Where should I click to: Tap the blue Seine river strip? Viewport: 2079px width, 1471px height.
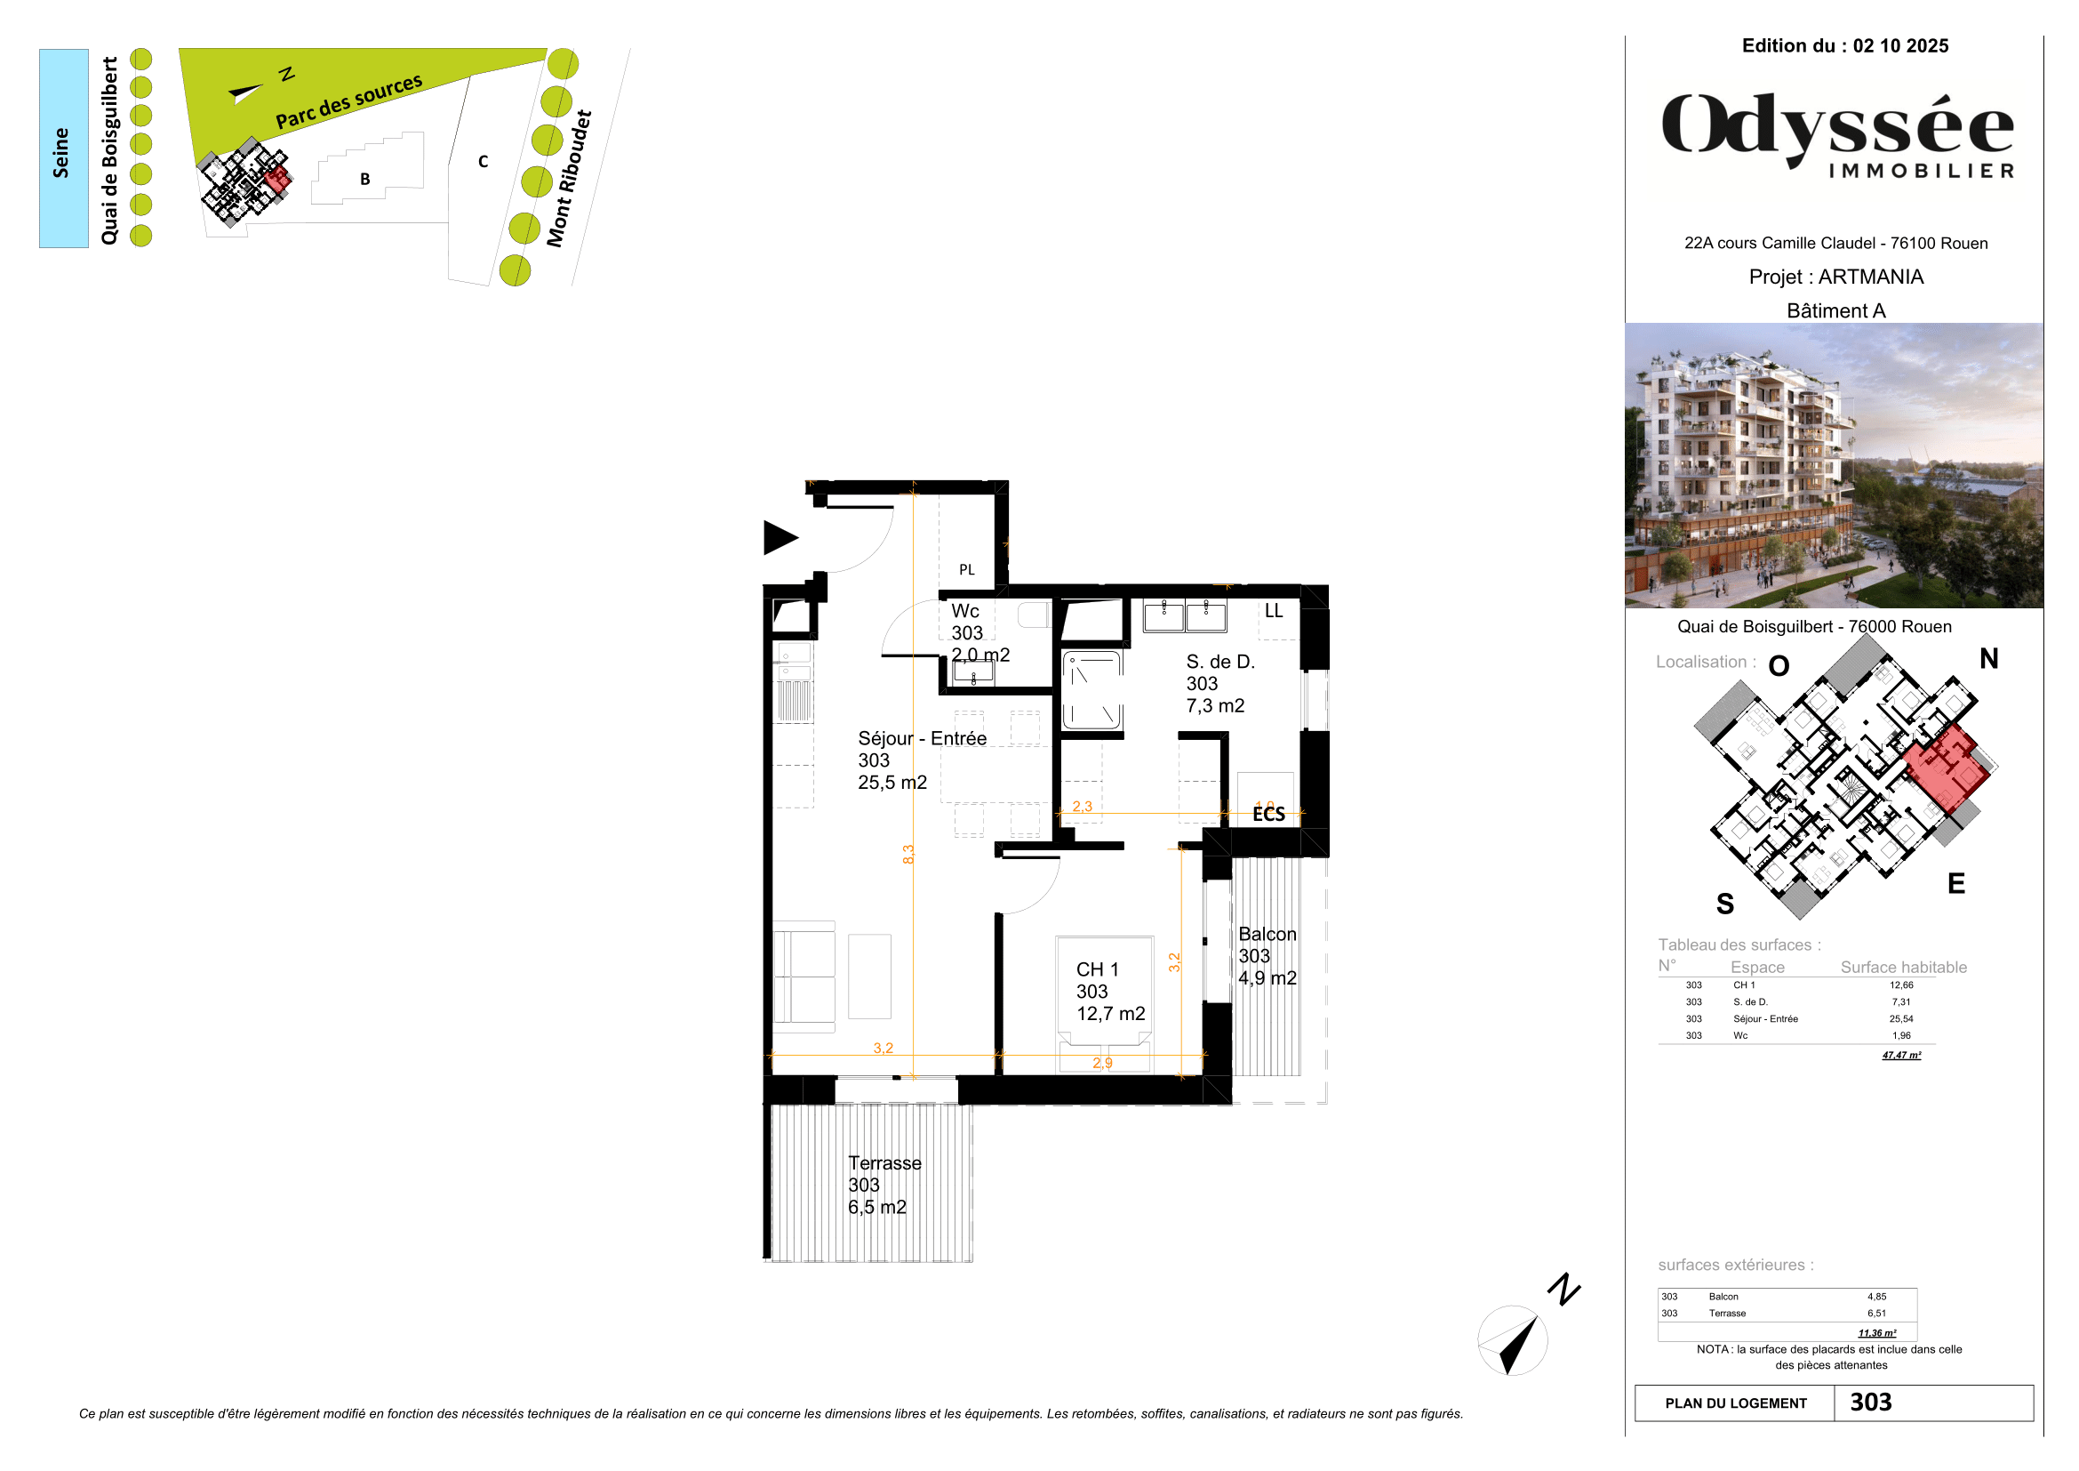[63, 149]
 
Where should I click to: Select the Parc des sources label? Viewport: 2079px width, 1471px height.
[348, 101]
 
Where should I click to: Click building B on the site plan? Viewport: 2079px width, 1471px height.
[365, 179]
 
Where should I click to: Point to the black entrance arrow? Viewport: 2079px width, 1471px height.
[779, 537]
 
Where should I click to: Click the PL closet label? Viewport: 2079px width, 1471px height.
[967, 570]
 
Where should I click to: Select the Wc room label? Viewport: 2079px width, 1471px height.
[965, 611]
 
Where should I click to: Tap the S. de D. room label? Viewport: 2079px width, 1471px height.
[1219, 663]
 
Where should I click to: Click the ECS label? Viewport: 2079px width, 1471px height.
[1268, 815]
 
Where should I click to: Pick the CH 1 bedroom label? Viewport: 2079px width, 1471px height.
[1098, 969]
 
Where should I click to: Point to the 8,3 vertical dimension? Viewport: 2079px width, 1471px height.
[908, 854]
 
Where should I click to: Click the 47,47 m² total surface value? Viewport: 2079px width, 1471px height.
[1900, 1056]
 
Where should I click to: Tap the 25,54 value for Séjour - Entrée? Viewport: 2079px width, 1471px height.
[1900, 1019]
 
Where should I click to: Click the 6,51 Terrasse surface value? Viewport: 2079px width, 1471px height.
[1876, 1314]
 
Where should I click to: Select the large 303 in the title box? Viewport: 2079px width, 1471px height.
[1871, 1403]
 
